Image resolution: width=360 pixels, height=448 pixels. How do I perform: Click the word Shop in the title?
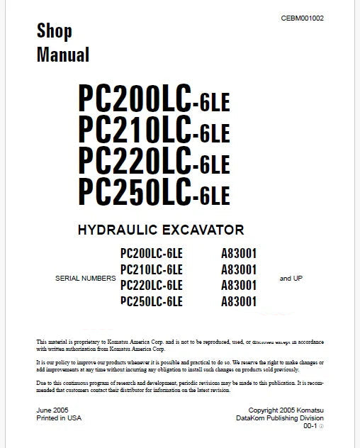tap(55, 30)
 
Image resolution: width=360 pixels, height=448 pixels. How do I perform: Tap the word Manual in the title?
tap(62, 54)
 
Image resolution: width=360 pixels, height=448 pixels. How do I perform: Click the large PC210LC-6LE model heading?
tap(154, 130)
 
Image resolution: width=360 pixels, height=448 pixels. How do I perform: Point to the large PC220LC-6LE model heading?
tap(154, 161)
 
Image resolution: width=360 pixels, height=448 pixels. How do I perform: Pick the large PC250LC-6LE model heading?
tap(154, 190)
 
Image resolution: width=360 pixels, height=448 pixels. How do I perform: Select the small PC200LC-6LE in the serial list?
tap(152, 252)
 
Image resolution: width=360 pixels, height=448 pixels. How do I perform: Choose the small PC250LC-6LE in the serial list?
tap(152, 302)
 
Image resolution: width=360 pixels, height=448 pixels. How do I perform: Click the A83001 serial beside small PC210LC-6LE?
tap(238, 269)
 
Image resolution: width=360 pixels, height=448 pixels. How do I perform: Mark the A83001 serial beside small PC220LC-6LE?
tap(238, 286)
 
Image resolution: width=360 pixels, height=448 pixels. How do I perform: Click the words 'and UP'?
tap(291, 279)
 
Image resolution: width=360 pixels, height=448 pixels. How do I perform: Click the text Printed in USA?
tap(59, 418)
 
